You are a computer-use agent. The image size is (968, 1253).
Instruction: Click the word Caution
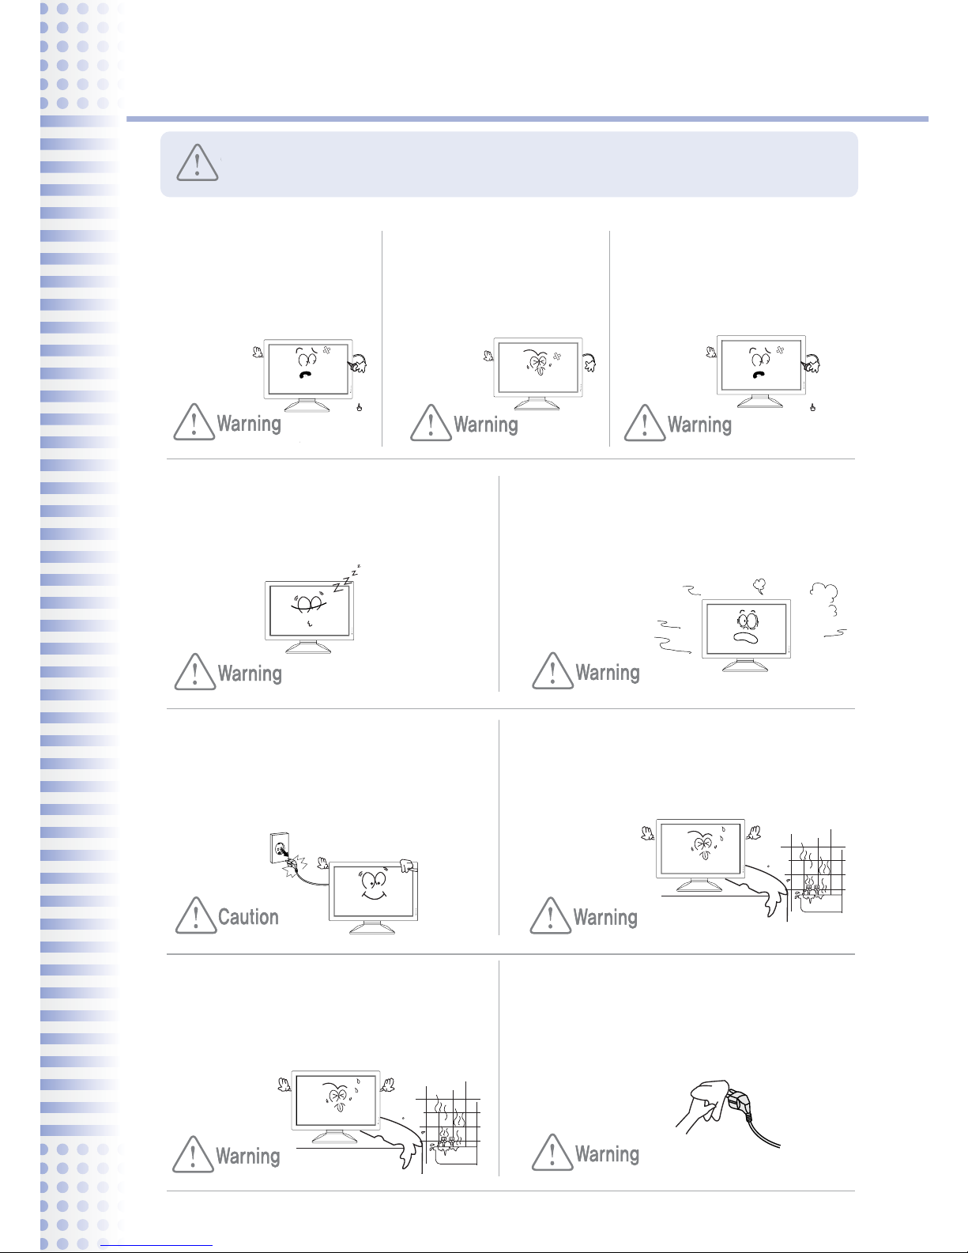click(x=248, y=917)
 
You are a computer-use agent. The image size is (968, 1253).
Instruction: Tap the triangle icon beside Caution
click(x=196, y=915)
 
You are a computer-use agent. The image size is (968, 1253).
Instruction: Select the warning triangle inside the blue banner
click(x=197, y=163)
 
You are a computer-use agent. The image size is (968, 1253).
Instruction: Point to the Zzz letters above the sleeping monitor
click(x=346, y=579)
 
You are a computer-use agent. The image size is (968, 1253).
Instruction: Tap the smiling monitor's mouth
click(x=374, y=896)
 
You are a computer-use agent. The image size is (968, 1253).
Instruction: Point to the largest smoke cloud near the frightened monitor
click(x=825, y=598)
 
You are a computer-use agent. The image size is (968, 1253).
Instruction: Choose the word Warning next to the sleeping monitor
click(x=250, y=674)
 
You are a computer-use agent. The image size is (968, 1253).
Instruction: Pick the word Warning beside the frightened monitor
click(x=608, y=672)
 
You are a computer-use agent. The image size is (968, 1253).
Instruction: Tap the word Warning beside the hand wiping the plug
click(x=608, y=1154)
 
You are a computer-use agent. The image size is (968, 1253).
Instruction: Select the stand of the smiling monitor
click(x=372, y=927)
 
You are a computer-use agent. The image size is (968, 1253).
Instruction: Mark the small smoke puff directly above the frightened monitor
click(x=759, y=586)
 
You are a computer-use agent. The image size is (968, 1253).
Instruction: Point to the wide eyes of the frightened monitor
click(x=748, y=620)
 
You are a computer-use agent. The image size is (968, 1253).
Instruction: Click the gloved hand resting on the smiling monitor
click(x=408, y=865)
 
